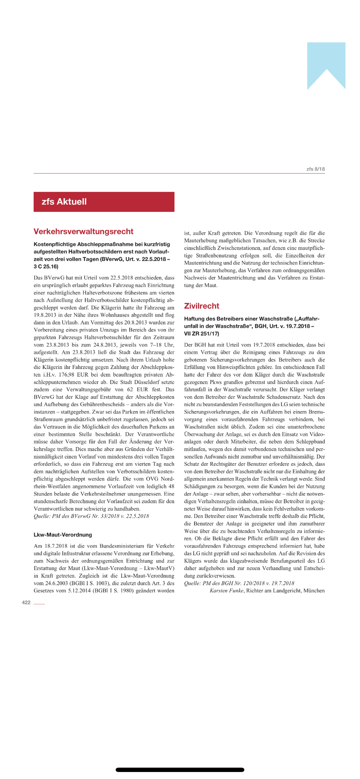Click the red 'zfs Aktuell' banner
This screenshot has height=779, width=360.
[x=104, y=202]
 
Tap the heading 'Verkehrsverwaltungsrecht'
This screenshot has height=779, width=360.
[x=83, y=231]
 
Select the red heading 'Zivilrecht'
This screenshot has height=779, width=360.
[x=201, y=306]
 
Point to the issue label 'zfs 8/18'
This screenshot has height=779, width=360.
[x=315, y=169]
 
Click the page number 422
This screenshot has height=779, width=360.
[x=26, y=603]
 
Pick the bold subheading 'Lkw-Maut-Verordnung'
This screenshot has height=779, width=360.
[x=63, y=535]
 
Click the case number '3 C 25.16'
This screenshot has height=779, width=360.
[x=46, y=266]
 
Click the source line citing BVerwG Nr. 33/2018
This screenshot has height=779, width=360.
[x=91, y=516]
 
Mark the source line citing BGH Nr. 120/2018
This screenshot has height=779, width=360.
[x=239, y=583]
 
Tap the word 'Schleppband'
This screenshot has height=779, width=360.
[x=309, y=442]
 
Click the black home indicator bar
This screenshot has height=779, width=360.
[x=180, y=770]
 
